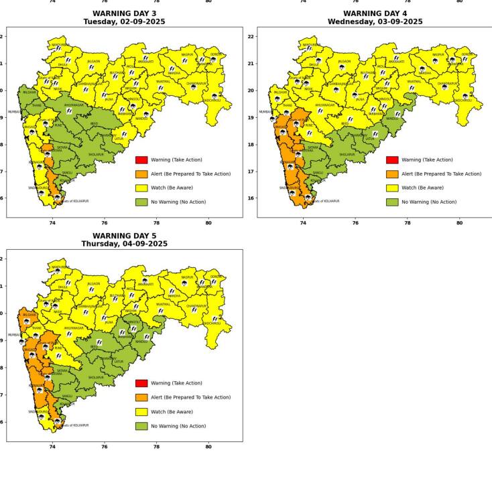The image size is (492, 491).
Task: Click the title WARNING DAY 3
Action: (124, 13)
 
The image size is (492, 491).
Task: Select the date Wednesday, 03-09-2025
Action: (375, 22)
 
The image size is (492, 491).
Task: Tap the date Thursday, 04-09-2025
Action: (124, 244)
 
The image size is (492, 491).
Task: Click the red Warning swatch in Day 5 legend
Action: (141, 383)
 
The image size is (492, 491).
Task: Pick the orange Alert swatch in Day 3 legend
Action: (141, 173)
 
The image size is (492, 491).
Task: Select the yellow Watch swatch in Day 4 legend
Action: (392, 188)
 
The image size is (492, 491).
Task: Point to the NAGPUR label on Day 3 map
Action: (187, 54)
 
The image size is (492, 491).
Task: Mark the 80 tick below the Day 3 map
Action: (208, 222)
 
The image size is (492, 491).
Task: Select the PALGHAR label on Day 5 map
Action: (29, 315)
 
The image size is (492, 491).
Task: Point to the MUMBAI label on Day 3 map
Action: (13, 112)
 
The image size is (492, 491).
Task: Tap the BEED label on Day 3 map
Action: (94, 124)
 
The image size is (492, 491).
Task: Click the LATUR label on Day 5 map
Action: (119, 362)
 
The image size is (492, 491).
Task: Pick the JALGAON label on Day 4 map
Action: (344, 61)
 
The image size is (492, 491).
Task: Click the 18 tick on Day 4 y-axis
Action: (251, 145)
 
